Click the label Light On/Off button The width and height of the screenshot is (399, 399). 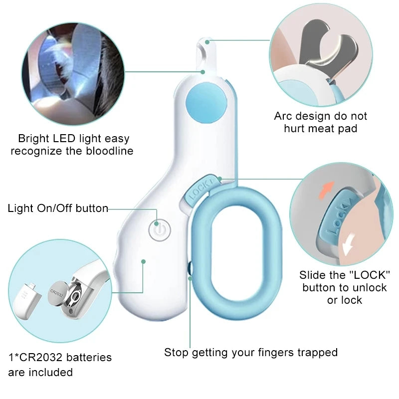[58, 208]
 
